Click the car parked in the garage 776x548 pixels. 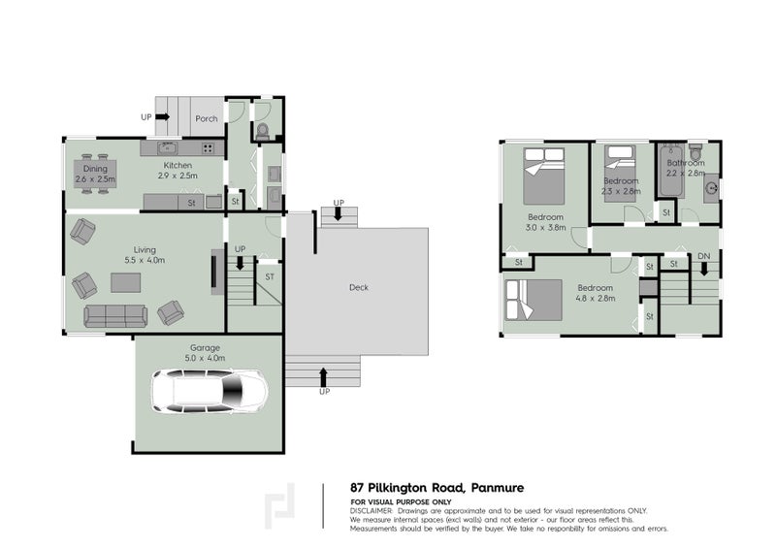210,392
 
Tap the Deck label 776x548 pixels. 358,287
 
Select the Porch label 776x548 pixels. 207,119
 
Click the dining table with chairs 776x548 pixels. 95,175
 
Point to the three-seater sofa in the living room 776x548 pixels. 114,315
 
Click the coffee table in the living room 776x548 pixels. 124,282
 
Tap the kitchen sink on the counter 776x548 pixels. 166,148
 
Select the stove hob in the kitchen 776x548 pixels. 208,148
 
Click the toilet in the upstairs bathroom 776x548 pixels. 695,153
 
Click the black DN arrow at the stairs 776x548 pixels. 703,268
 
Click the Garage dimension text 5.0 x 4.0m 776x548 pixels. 205,358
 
